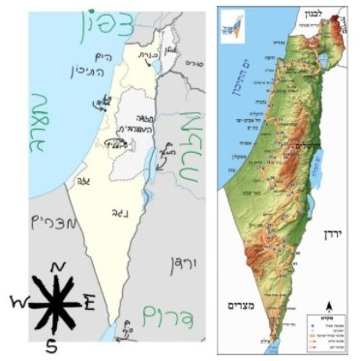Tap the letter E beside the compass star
tap(88, 302)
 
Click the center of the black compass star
tap(54, 302)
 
